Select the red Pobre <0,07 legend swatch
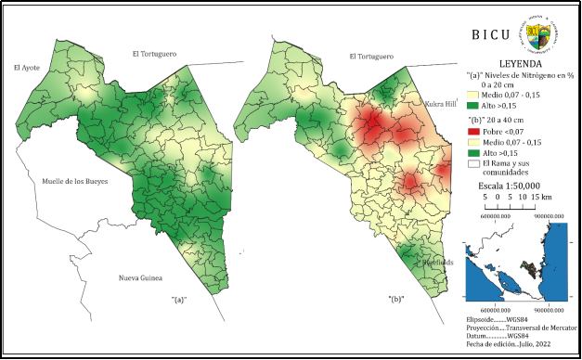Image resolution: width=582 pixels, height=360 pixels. [x=473, y=133]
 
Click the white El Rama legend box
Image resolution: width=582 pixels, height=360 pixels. [x=473, y=164]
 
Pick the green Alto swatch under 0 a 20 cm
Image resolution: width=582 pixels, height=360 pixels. [x=473, y=106]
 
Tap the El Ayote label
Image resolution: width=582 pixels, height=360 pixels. [x=27, y=68]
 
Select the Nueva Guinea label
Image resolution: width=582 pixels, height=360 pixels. [x=140, y=278]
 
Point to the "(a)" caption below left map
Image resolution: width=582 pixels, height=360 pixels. [x=179, y=301]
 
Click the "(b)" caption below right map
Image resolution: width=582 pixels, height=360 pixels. [x=396, y=301]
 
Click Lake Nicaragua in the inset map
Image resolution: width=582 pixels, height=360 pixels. [x=510, y=280]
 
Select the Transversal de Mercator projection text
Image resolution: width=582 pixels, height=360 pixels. [x=527, y=327]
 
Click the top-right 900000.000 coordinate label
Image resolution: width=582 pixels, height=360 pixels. [x=549, y=215]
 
